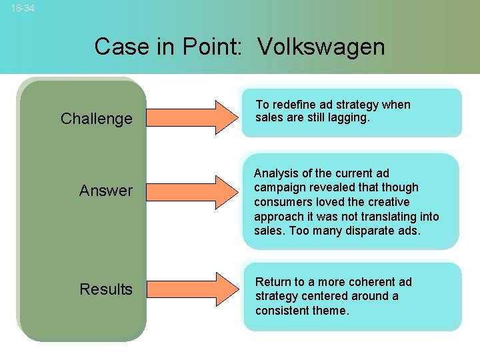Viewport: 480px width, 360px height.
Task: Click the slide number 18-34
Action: [23, 9]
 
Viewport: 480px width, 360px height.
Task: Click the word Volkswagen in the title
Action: [321, 47]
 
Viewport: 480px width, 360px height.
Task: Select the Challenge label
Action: [97, 119]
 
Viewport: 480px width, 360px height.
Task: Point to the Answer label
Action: [106, 191]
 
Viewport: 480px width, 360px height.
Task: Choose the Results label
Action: [106, 289]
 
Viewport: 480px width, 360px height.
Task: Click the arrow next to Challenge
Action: [191, 114]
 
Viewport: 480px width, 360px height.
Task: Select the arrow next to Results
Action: [191, 286]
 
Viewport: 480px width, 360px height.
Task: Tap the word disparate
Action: [375, 231]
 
